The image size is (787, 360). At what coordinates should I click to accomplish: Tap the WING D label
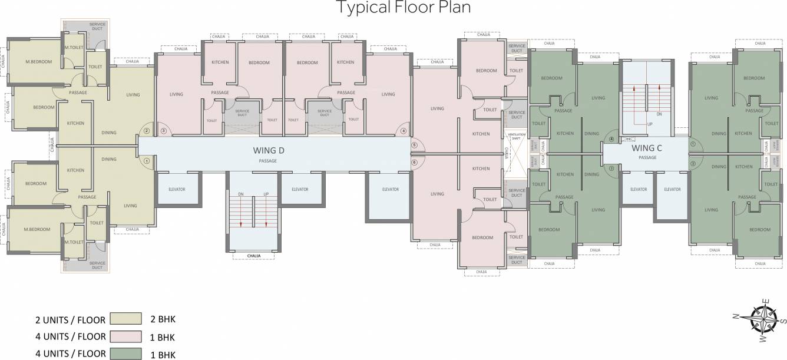pyautogui.click(x=268, y=150)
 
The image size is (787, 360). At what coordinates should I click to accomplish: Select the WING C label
pyautogui.click(x=647, y=148)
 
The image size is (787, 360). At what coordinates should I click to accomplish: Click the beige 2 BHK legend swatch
pyautogui.click(x=126, y=319)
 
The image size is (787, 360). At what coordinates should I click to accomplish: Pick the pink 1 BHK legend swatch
pyautogui.click(x=126, y=337)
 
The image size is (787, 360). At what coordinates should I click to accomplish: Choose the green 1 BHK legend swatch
pyautogui.click(x=126, y=354)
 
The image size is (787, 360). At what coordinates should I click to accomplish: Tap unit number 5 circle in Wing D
pyautogui.click(x=414, y=144)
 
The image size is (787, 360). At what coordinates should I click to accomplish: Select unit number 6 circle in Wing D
pyautogui.click(x=414, y=163)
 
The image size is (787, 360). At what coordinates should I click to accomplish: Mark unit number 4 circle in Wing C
pyautogui.click(x=611, y=140)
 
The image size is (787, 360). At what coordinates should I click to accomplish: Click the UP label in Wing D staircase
pyautogui.click(x=266, y=194)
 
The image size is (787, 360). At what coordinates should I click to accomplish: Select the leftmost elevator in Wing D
pyautogui.click(x=177, y=190)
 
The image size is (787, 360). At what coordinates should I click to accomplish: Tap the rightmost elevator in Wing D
pyautogui.click(x=390, y=190)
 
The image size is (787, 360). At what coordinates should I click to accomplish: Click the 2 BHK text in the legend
pyautogui.click(x=163, y=319)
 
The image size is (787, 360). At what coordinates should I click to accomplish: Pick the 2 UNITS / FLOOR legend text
pyautogui.click(x=70, y=321)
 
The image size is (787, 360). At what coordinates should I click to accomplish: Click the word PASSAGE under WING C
pyautogui.click(x=647, y=158)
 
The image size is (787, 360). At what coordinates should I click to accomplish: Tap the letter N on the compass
pyautogui.click(x=736, y=316)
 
